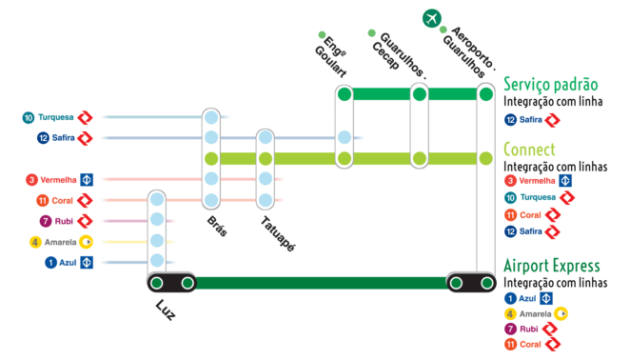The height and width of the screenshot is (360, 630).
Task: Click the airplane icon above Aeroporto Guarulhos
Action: click(x=433, y=18)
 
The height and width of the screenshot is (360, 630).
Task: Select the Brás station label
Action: click(x=217, y=226)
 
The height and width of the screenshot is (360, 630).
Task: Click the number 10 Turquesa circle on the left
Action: click(x=29, y=117)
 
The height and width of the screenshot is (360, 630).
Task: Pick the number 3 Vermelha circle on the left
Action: click(x=32, y=179)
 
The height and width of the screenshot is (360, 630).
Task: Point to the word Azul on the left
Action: click(x=68, y=263)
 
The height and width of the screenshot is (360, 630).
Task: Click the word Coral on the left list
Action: click(x=62, y=200)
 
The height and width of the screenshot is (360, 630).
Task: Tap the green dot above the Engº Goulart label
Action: click(x=323, y=35)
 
